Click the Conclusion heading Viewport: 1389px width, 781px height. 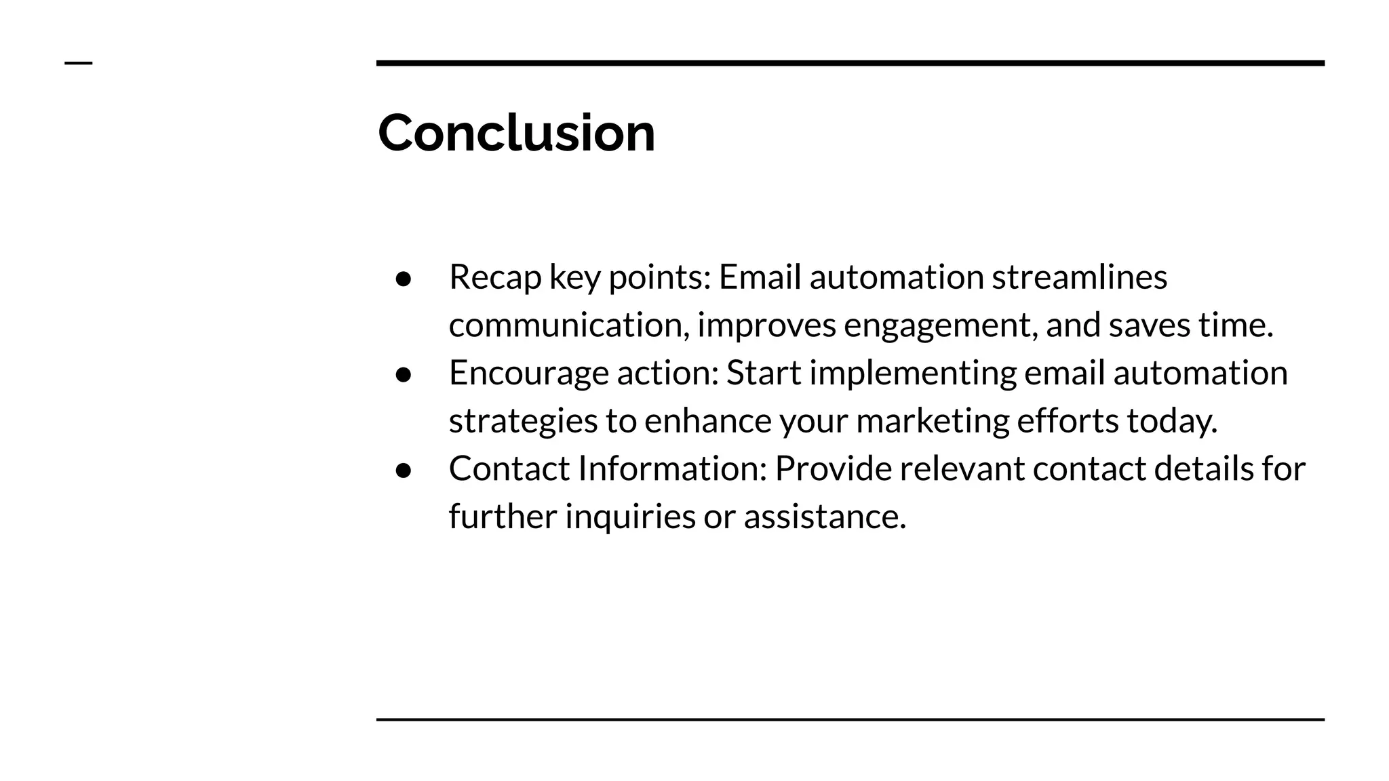click(x=516, y=132)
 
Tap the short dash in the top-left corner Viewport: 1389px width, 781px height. click(x=78, y=63)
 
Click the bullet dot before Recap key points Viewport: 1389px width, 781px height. click(x=404, y=279)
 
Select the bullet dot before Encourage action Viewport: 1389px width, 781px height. click(x=404, y=374)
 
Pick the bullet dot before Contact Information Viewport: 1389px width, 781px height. click(x=404, y=470)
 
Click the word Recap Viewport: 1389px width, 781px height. click(x=494, y=277)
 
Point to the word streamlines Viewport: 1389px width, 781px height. click(x=1079, y=277)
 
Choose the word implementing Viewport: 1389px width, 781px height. click(x=912, y=373)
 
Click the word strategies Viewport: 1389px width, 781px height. click(x=523, y=421)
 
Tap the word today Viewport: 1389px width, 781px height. click(x=1171, y=421)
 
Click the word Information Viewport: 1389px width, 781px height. click(x=671, y=468)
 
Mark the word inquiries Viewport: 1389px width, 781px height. click(x=630, y=517)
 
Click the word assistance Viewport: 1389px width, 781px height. click(x=824, y=517)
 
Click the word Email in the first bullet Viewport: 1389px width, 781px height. click(x=760, y=277)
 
